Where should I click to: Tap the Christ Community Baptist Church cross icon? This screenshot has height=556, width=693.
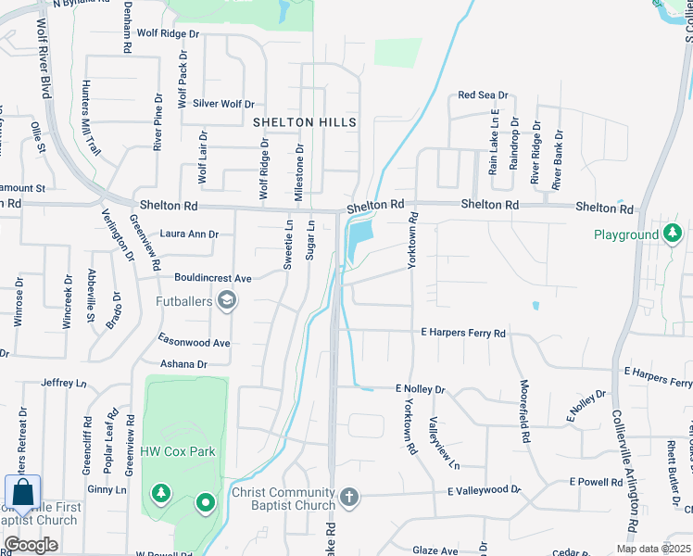(x=348, y=499)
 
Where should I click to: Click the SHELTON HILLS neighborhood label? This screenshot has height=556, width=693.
(x=305, y=122)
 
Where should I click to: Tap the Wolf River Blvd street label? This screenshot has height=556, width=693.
(x=44, y=69)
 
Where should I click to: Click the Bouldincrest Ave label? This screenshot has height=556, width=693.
(x=213, y=277)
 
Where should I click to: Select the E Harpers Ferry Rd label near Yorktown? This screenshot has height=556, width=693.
(x=463, y=333)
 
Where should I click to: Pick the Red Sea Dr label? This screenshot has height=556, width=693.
(x=483, y=95)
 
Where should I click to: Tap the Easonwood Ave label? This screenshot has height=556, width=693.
(x=194, y=342)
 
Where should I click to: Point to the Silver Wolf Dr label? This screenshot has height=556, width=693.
(x=222, y=105)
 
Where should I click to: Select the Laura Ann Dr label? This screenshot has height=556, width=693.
(x=189, y=234)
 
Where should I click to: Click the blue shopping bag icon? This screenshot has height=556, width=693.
(x=22, y=494)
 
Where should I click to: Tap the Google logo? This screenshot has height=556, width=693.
(x=31, y=545)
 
